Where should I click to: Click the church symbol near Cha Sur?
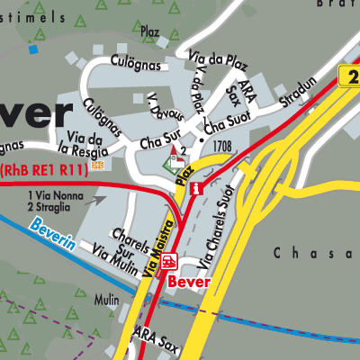(x=169, y=163)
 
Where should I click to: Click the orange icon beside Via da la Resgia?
(x=97, y=166)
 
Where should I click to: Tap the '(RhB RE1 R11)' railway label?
(x=39, y=168)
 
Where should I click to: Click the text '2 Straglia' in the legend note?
(x=55, y=206)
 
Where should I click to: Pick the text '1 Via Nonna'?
(x=57, y=195)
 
